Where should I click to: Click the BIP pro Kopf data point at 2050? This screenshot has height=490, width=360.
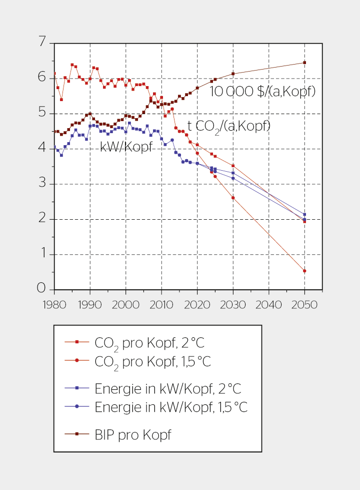click(304, 63)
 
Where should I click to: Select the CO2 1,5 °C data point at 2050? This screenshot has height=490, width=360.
click(304, 271)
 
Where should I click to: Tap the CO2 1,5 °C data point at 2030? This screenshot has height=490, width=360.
click(233, 198)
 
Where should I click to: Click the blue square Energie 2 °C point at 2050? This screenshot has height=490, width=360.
click(304, 214)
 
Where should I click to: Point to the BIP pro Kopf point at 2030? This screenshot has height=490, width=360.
click(233, 74)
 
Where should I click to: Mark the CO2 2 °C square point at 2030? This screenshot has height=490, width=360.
click(233, 166)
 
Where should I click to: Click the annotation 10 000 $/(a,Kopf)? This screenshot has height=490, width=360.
click(262, 92)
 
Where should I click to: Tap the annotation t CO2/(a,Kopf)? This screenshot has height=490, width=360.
click(229, 126)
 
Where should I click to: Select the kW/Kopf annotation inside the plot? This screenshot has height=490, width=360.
click(126, 147)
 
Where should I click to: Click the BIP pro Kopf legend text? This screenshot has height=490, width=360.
click(132, 434)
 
